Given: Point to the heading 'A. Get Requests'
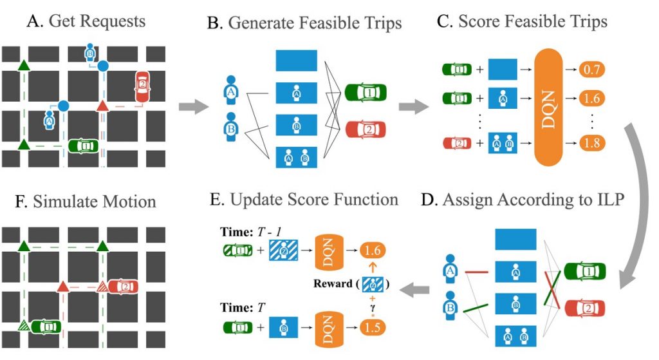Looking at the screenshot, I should (86, 21).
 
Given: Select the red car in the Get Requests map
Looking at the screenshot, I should (142, 87).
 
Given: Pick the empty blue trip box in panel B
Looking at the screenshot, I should (296, 61).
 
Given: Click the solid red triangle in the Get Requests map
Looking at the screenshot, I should (102, 106).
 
